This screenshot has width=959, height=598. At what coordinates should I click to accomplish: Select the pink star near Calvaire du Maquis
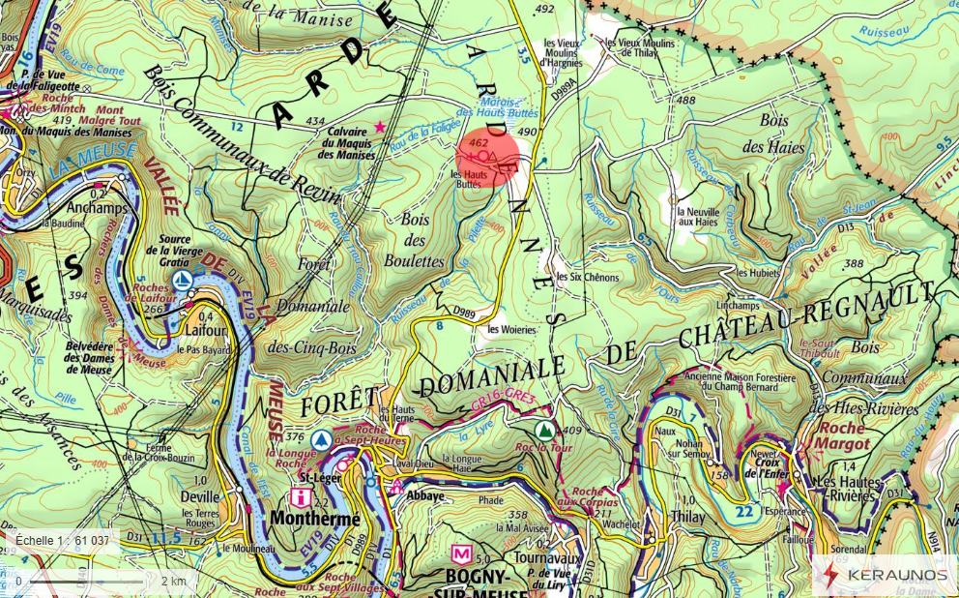[380, 127]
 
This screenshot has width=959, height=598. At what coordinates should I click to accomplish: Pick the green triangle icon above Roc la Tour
[544, 429]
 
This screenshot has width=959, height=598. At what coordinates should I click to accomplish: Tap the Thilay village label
[687, 518]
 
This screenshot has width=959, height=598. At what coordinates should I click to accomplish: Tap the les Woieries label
[511, 329]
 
